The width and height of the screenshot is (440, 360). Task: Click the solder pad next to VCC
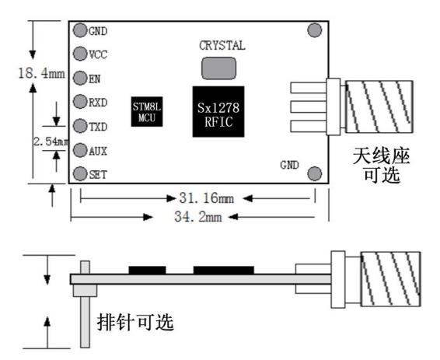[x=80, y=54]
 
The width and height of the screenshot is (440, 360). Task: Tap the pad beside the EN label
[x=80, y=78]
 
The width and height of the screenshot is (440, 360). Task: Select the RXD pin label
[x=98, y=103]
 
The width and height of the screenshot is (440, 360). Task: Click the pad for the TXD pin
[x=80, y=126]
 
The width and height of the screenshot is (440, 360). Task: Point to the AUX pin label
[x=98, y=152]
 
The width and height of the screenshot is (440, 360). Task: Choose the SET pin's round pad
[x=80, y=173]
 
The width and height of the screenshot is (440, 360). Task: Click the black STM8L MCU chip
[x=147, y=112]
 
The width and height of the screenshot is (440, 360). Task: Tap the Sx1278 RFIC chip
[x=218, y=112]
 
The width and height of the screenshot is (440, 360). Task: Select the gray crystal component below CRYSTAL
[x=219, y=68]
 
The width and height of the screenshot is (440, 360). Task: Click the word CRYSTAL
[x=222, y=45]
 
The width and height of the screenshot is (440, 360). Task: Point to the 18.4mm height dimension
[x=41, y=74]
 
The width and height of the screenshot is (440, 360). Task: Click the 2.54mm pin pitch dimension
[x=51, y=142]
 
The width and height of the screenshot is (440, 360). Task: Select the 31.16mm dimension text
[x=207, y=198]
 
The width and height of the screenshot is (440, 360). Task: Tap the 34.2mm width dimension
[x=198, y=217]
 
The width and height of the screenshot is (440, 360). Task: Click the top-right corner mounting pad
[x=315, y=30]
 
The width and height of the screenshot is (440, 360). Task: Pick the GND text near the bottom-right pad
[x=289, y=165]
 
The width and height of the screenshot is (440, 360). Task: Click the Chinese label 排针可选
[x=135, y=322]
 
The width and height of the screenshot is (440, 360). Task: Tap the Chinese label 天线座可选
[x=382, y=165]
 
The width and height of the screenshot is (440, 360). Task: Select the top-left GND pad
[x=80, y=30]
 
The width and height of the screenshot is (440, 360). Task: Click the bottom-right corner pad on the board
[x=315, y=173]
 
